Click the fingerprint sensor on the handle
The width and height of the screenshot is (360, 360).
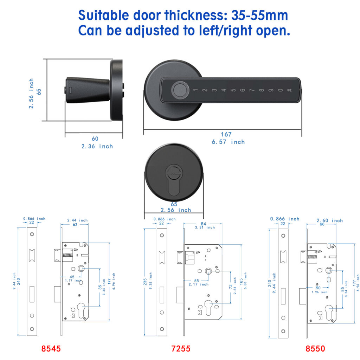point(180,90)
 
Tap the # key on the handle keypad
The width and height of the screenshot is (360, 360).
point(290,90)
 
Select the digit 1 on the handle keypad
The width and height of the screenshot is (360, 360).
point(195,90)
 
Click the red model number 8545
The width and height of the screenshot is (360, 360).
point(51,348)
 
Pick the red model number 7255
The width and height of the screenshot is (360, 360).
point(181,348)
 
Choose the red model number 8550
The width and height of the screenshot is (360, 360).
point(315,348)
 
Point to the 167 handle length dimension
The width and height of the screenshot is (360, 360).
point(226,134)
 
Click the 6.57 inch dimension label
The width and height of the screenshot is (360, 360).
point(228,142)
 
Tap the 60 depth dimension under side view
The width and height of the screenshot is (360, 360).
point(95,139)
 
